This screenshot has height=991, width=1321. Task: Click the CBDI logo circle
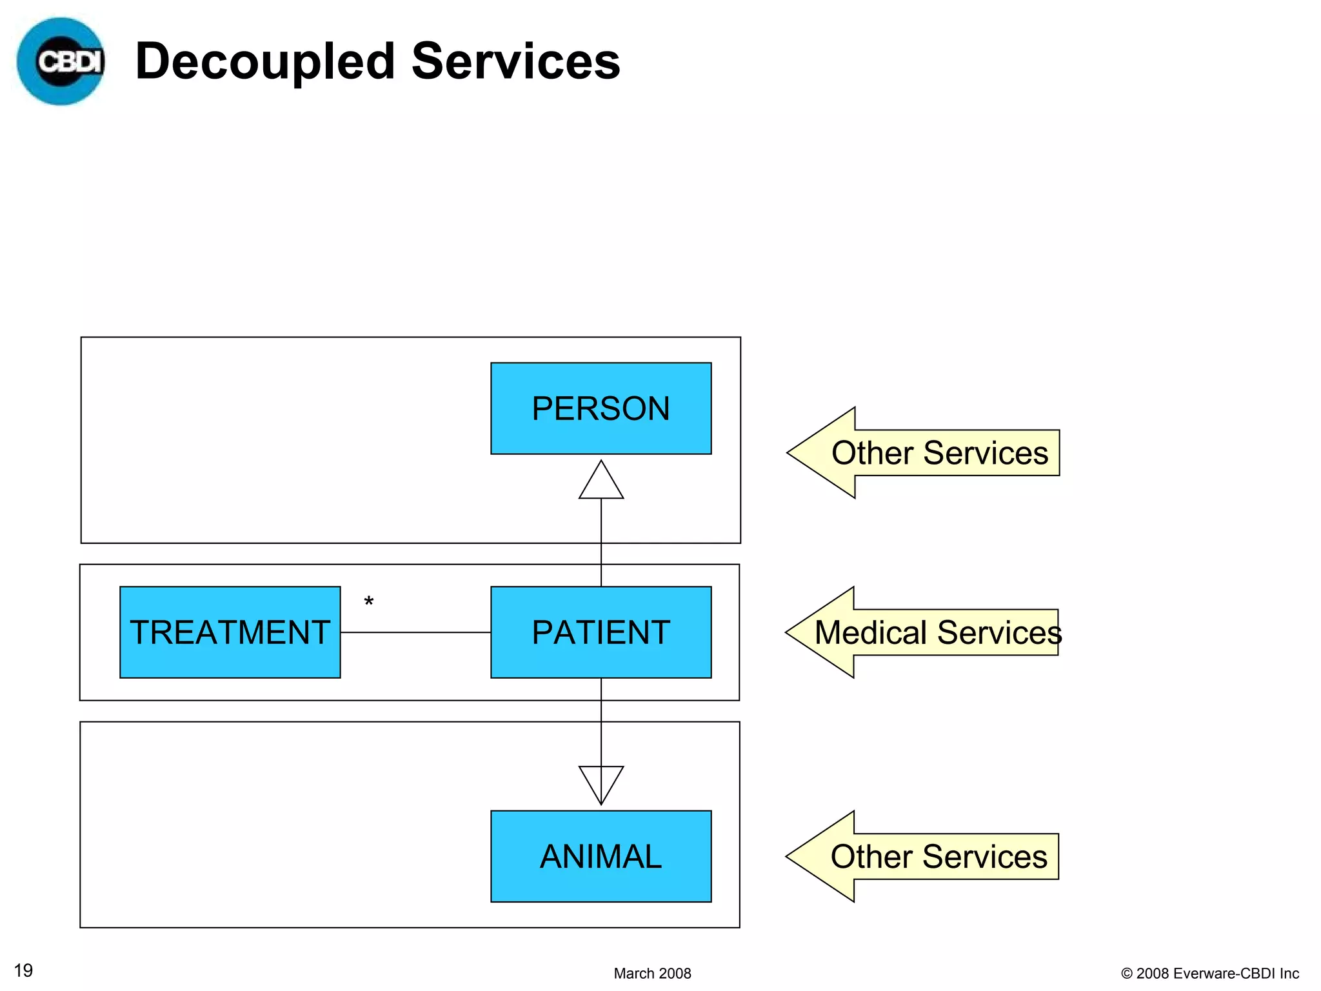(61, 62)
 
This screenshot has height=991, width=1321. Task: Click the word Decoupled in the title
(265, 61)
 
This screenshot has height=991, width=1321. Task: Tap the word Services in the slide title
(515, 61)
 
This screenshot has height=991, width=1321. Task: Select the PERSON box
(601, 408)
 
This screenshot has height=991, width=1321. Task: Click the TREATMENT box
(230, 632)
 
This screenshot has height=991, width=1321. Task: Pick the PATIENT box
(601, 632)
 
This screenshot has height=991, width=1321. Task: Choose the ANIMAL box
(601, 856)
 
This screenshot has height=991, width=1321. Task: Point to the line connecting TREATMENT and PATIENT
(415, 632)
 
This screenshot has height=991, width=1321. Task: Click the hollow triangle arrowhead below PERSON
(601, 483)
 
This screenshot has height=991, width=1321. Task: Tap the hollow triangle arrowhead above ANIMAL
(601, 783)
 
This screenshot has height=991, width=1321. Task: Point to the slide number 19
(23, 970)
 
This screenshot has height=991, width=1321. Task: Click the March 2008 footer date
(652, 974)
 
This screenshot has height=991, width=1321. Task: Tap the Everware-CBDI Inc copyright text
(1210, 974)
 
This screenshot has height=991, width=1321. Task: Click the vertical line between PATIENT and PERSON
(601, 542)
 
